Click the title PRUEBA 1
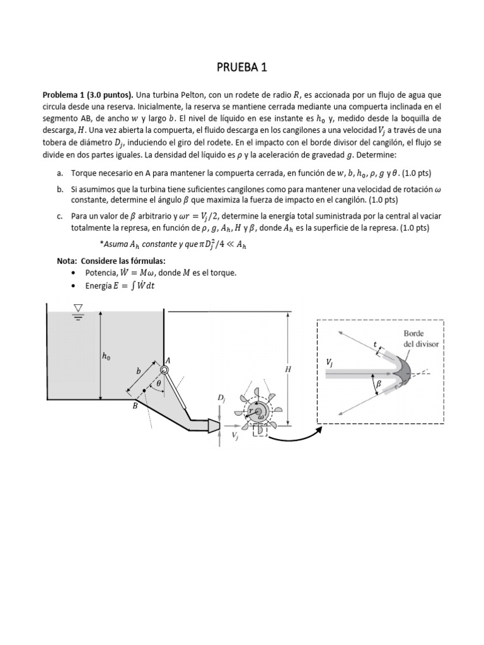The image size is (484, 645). click(242, 67)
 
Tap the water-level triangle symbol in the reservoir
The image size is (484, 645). click(78, 308)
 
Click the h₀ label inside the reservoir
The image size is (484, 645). click(106, 356)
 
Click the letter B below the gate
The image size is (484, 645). click(134, 407)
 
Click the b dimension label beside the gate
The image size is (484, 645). click(138, 372)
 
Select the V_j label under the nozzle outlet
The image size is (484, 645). click(234, 435)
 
